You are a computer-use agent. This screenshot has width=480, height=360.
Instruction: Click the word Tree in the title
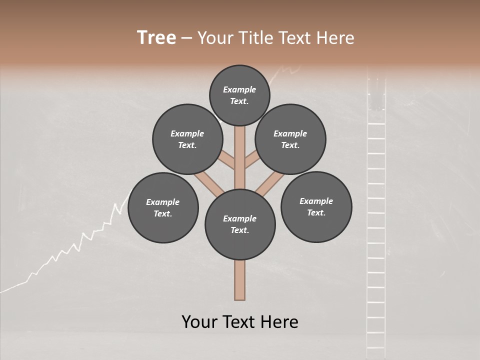tap(156, 37)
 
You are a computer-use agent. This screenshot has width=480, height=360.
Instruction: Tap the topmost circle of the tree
tap(239, 95)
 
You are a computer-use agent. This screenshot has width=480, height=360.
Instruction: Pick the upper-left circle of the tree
tap(187, 139)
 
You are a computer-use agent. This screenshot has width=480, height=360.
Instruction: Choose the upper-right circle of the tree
tap(290, 139)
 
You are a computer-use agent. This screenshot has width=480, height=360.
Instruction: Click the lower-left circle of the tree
tap(163, 207)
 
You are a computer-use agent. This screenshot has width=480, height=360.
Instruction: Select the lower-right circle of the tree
tap(316, 206)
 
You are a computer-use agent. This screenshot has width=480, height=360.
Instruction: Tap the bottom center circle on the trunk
tap(240, 224)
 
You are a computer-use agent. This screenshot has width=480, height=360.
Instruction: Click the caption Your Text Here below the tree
tap(240, 322)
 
